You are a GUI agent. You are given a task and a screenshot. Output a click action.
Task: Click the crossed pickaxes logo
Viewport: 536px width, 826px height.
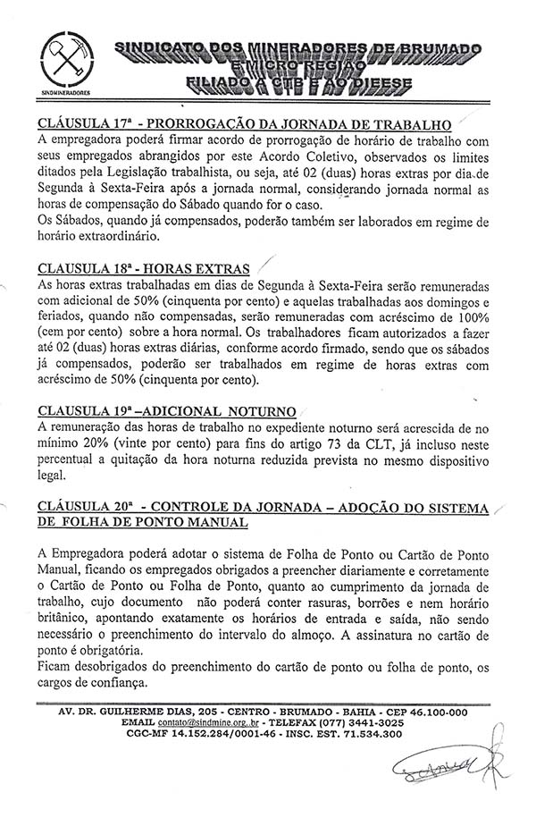coord(68,59)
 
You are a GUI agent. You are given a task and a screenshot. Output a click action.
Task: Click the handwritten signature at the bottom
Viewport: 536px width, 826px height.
coord(450,765)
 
